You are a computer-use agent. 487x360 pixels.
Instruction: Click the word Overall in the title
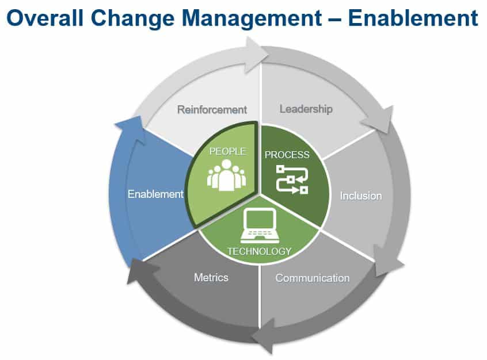(x=45, y=18)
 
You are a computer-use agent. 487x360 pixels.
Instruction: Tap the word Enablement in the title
(x=413, y=18)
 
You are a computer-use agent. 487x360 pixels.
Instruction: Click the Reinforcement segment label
(x=212, y=109)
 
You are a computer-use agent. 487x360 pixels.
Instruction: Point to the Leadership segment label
(x=306, y=109)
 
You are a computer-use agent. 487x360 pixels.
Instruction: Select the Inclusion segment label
(x=361, y=196)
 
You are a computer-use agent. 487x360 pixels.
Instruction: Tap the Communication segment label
(x=313, y=278)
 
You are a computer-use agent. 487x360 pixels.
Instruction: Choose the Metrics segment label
(x=211, y=277)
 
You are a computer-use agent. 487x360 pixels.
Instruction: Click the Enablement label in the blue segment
(x=155, y=194)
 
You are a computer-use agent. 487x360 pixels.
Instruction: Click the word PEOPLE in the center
(x=227, y=151)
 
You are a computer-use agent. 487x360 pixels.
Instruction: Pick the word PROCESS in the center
(x=287, y=155)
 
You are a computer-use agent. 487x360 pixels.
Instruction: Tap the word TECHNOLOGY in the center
(x=260, y=251)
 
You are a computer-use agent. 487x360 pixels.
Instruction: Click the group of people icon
(x=227, y=175)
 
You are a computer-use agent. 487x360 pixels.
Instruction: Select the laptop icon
(x=260, y=225)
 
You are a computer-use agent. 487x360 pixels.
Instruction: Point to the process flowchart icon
(x=292, y=179)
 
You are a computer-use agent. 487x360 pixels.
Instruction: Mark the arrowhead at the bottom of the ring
(x=262, y=336)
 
